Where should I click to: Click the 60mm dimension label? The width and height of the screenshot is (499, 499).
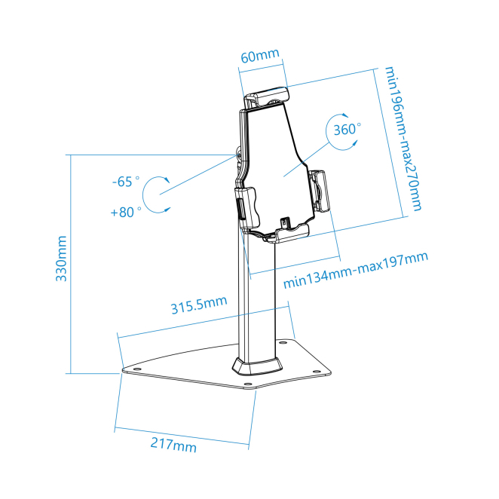coord(260,56)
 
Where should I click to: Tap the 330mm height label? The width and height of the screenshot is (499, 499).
coord(61,259)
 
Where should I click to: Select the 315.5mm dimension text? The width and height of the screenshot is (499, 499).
coord(199,305)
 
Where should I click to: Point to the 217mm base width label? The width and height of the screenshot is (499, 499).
coord(173,444)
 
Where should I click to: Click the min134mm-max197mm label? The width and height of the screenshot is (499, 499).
coord(356,270)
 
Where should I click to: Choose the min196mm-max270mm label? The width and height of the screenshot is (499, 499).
coord(403,139)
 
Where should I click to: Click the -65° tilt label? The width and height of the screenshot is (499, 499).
coord(126,182)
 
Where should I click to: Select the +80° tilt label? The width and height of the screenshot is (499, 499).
coord(126,212)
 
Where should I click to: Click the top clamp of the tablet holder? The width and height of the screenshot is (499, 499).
coord(267,96)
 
